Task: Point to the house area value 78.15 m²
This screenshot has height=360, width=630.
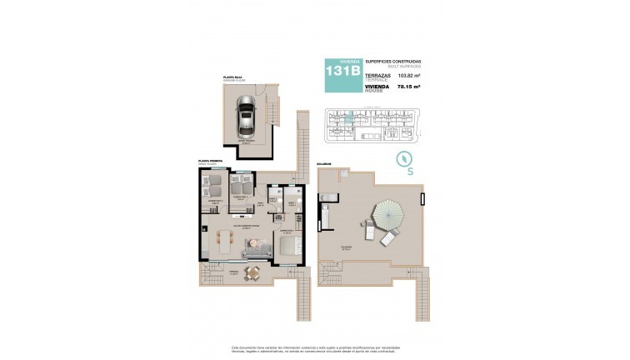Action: tap(407, 86)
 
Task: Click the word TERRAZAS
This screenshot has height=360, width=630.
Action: tap(377, 75)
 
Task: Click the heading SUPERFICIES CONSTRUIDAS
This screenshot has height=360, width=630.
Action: tap(393, 62)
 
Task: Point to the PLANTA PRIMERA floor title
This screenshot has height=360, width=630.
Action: tap(209, 162)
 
